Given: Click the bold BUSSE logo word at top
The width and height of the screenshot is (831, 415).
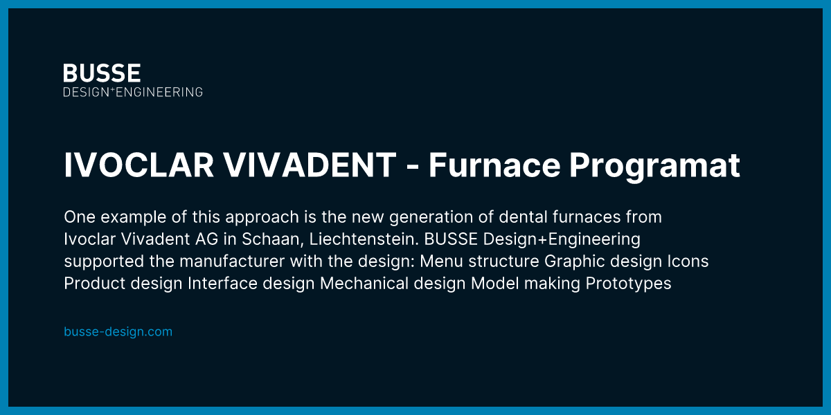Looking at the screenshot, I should point(102,73).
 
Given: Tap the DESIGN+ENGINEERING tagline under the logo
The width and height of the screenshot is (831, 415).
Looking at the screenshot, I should point(133,91).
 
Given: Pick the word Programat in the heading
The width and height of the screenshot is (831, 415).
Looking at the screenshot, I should point(655,167).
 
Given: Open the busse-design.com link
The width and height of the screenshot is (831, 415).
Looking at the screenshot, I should point(118,332).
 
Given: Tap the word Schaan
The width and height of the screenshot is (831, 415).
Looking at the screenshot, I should point(269,239).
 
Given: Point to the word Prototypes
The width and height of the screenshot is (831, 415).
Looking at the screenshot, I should point(628,284).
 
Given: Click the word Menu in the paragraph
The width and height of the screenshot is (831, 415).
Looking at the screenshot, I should point(442,261).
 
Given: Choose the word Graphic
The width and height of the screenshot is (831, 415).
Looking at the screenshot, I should point(571,261).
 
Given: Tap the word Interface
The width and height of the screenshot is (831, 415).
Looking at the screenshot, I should point(219,284).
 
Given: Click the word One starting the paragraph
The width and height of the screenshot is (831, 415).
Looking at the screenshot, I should point(77,217).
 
